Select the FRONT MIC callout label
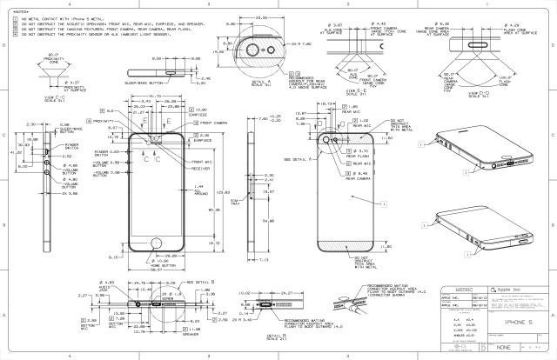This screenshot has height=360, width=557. (x=202, y=162)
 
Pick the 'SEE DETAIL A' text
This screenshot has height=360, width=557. (x=299, y=160)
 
